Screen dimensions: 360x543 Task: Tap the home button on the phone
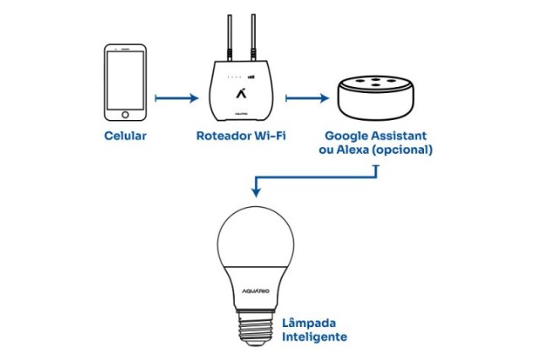pos(126,115)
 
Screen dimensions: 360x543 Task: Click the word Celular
pos(126,135)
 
